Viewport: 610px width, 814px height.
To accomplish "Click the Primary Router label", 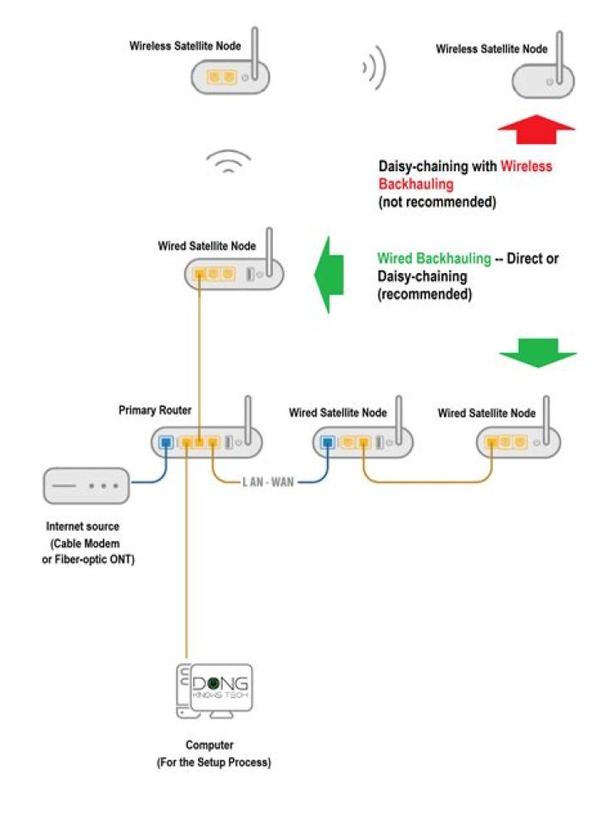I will point(155,410).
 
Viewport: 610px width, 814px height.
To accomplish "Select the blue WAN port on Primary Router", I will point(166,442).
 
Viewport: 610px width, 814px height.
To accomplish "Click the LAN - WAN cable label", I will point(269,482).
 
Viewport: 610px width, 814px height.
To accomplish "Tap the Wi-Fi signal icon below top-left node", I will point(228,161).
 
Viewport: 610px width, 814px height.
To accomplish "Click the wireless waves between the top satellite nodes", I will point(374,70).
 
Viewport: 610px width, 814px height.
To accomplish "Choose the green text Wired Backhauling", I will point(434,258).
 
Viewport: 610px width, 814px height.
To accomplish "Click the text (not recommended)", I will point(436,203).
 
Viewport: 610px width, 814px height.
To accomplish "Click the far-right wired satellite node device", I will point(518,442).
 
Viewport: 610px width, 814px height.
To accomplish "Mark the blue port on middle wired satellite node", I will point(327,442).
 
